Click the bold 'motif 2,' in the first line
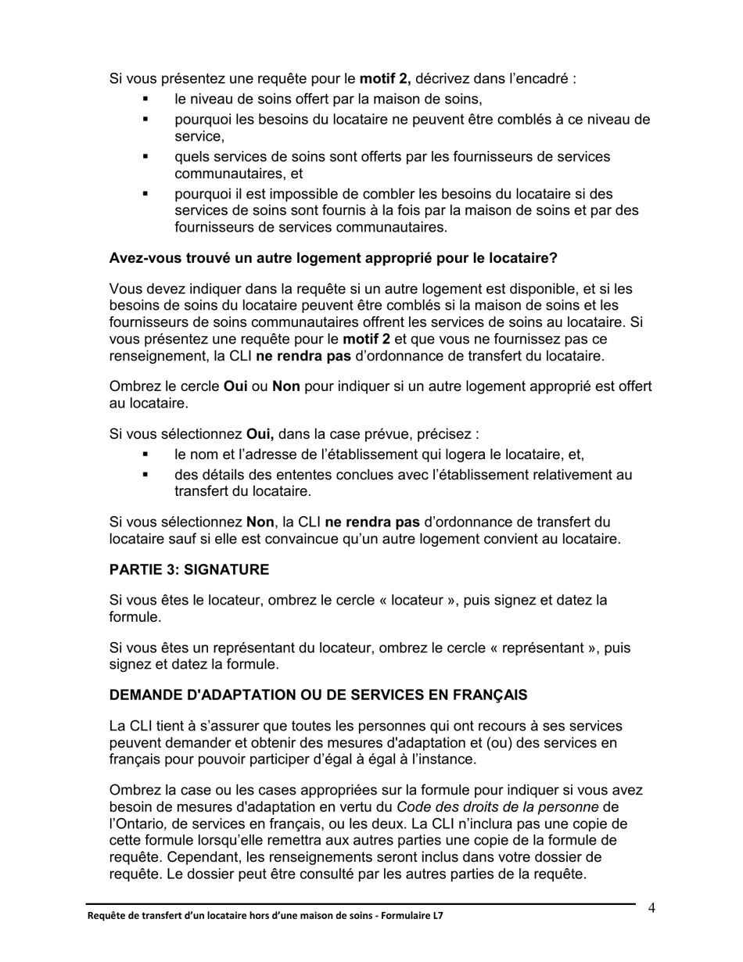click(x=385, y=78)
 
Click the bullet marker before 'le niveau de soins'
click(x=145, y=99)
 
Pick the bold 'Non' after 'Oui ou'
click(x=286, y=386)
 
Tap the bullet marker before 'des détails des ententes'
click(x=145, y=475)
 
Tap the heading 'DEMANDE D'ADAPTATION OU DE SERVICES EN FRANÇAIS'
click(x=318, y=695)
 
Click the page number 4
click(x=651, y=908)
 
